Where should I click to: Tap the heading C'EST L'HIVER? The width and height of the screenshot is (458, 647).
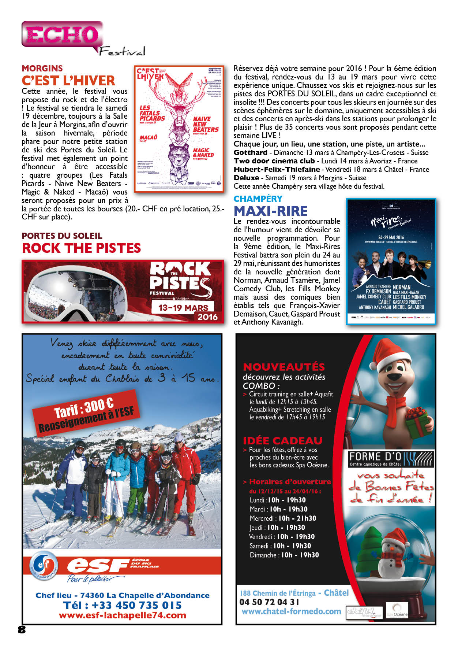68,81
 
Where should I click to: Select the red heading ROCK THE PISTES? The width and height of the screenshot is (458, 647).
81,248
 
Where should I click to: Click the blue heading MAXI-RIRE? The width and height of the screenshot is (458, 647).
271,211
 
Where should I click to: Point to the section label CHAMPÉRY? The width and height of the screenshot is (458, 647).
258,199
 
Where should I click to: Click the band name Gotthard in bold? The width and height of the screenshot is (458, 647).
251,153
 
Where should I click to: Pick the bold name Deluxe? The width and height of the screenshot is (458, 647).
246,178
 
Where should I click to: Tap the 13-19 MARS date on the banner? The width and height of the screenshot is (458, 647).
183,308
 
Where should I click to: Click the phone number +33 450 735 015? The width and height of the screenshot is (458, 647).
122,605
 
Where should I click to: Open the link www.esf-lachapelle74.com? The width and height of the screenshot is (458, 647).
122,615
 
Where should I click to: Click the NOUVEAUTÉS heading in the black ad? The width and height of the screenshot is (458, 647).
284,367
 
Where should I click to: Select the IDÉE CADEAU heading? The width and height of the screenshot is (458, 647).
282,441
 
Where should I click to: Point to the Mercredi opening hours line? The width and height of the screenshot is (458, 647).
283,518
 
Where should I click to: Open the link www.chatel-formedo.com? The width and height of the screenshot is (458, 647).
291,611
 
